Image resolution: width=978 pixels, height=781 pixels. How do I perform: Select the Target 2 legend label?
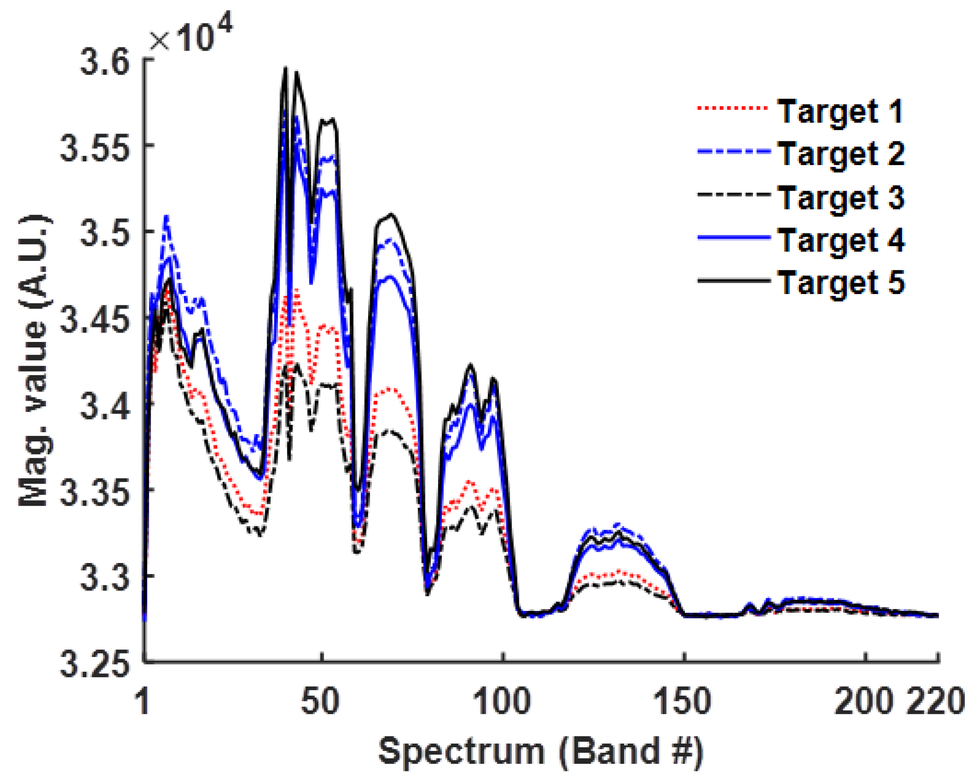pyautogui.click(x=840, y=154)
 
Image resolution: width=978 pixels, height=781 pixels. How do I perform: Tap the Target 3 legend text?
pyautogui.click(x=840, y=198)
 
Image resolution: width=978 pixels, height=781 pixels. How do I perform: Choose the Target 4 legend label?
pyautogui.click(x=840, y=241)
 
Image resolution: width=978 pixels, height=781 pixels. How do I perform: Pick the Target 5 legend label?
pyautogui.click(x=840, y=283)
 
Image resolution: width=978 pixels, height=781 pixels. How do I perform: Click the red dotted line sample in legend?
pyautogui.click(x=732, y=109)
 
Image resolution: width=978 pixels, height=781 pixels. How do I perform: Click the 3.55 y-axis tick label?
pyautogui.click(x=95, y=149)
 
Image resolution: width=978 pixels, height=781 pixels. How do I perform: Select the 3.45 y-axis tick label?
pyautogui.click(x=95, y=321)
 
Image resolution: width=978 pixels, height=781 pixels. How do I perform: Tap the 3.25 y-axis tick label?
pyautogui.click(x=95, y=665)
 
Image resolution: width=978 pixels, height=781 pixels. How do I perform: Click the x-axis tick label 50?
pyautogui.click(x=320, y=701)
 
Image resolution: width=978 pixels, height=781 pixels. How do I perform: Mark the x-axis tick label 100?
pyautogui.click(x=502, y=701)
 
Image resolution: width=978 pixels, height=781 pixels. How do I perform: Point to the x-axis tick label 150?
pyautogui.click(x=682, y=701)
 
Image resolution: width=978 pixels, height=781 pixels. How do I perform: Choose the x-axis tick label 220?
pyautogui.click(x=935, y=701)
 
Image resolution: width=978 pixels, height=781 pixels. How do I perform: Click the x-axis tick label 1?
pyautogui.click(x=143, y=701)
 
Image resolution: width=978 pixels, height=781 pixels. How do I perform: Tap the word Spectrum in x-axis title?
pyautogui.click(x=461, y=752)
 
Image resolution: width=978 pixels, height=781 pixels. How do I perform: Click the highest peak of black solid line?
pyautogui.click(x=286, y=68)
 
